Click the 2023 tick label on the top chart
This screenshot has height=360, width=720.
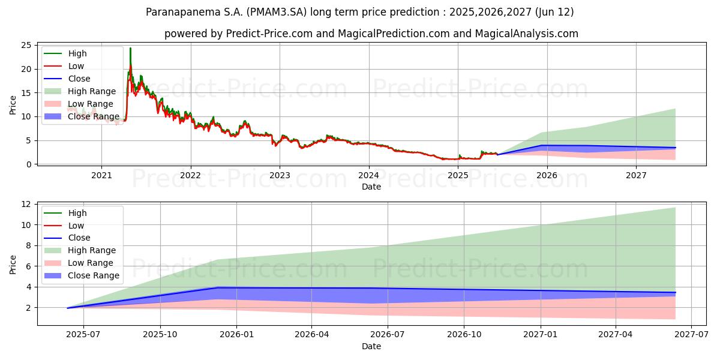280,175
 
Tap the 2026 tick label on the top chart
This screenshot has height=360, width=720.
547,175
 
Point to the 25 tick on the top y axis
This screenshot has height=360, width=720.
26,46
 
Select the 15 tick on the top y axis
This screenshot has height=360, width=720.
26,93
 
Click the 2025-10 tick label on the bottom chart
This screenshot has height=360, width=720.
160,335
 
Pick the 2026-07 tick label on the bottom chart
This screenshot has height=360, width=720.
388,335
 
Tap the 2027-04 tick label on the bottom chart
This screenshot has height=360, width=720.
615,335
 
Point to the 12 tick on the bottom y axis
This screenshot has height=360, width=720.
26,205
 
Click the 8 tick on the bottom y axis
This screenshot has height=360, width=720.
29,246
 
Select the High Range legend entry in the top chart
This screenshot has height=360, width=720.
80,91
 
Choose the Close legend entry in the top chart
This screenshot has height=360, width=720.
67,79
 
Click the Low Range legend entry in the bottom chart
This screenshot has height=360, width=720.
79,263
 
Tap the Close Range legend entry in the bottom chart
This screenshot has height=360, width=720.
82,275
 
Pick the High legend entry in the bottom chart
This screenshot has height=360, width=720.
65,213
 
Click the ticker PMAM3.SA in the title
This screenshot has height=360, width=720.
277,12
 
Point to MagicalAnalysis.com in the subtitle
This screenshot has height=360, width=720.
527,34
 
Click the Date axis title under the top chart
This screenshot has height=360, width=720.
371,187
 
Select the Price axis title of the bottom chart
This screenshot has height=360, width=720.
13,265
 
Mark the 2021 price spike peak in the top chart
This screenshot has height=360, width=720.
131,48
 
